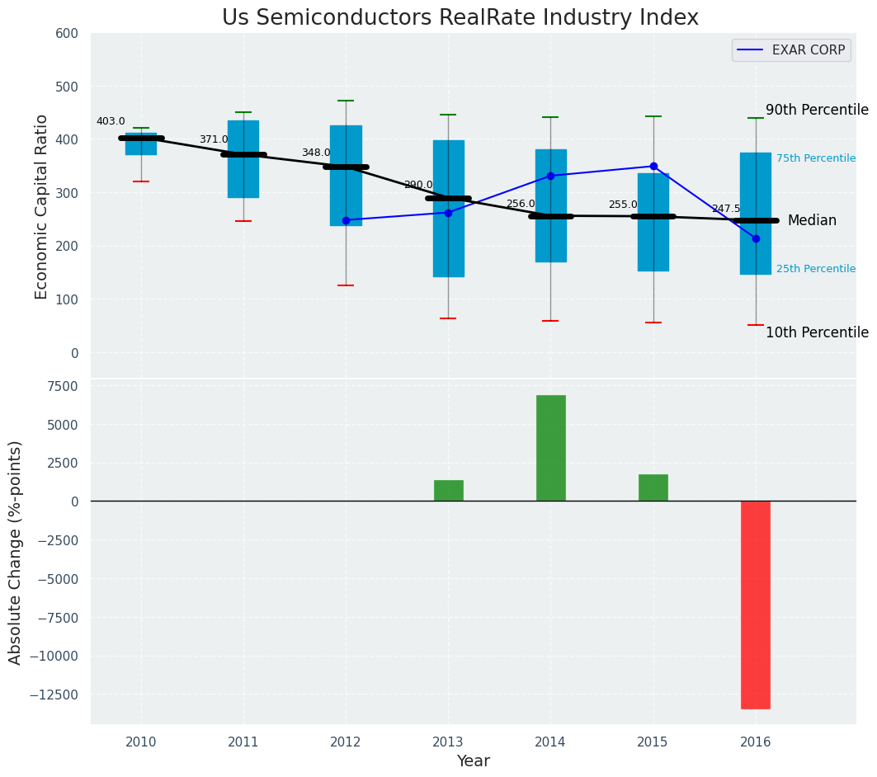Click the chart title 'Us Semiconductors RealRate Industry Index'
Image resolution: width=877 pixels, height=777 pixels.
coord(460,18)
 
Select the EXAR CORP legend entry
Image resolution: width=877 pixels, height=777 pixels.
coord(791,50)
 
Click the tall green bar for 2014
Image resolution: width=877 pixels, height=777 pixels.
coord(550,448)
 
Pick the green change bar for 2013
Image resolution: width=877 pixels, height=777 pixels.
coord(448,491)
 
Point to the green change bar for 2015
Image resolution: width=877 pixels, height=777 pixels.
coord(653,487)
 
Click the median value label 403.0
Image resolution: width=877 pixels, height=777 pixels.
coord(111,121)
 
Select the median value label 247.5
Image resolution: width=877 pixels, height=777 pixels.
coord(726,209)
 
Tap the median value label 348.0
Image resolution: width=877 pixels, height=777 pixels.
coord(315,153)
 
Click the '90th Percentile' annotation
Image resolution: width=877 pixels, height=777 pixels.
coord(817,110)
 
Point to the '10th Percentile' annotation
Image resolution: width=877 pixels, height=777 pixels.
coord(817,332)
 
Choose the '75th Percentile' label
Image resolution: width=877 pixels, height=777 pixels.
coord(815,158)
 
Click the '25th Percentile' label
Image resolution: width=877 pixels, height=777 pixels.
coord(815,269)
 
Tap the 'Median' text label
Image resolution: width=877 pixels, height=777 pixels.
coord(812,220)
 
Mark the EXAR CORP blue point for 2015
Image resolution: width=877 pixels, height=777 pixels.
coord(653,166)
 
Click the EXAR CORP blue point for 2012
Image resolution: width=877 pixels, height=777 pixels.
coord(346,220)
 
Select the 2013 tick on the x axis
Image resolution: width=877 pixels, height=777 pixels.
coord(448,742)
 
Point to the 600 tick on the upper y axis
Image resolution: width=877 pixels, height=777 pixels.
coord(67,33)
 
